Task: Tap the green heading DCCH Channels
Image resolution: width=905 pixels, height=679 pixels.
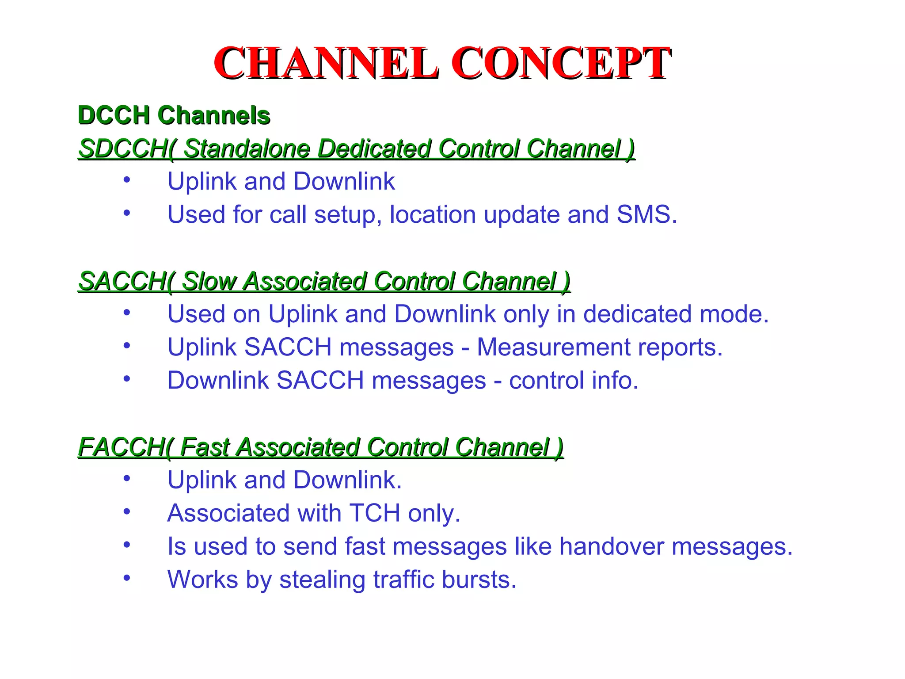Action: click(174, 115)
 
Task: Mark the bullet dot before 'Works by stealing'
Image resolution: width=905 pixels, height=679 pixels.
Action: click(127, 578)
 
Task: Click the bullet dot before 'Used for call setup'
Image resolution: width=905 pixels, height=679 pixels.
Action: click(127, 213)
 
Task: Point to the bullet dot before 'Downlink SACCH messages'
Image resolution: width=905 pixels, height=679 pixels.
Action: click(127, 379)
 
